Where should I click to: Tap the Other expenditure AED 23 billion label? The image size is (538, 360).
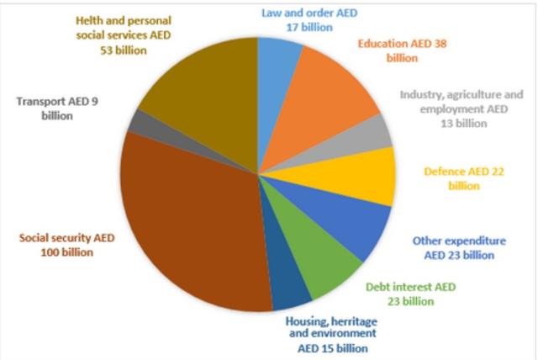[x=454, y=246]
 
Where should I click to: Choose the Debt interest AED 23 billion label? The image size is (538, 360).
[x=411, y=293]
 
